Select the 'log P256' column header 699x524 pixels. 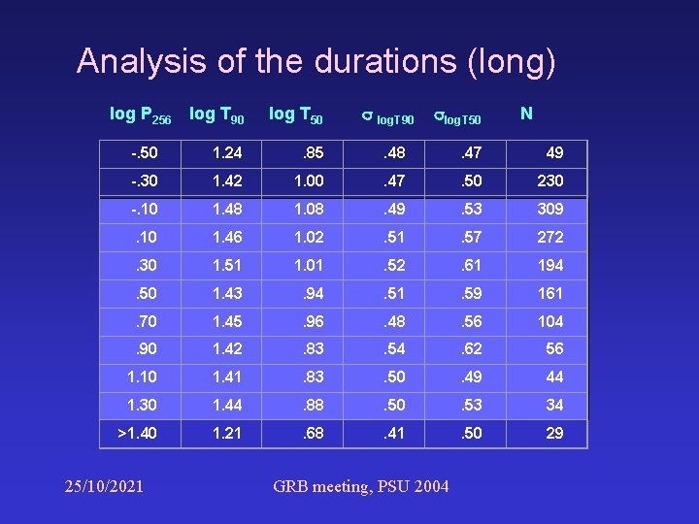[x=141, y=115]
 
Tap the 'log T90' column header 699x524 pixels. [x=216, y=115]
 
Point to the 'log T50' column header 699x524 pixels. [x=295, y=115]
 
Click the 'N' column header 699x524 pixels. [x=526, y=114]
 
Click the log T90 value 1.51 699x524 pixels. [x=226, y=265]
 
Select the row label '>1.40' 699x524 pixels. [x=137, y=433]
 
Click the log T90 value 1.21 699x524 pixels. [x=226, y=433]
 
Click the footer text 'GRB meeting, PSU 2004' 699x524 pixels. [x=361, y=485]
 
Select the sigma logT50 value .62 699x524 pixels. [x=471, y=349]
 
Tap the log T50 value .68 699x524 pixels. [x=313, y=433]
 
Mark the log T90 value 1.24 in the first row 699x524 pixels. [x=226, y=152]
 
